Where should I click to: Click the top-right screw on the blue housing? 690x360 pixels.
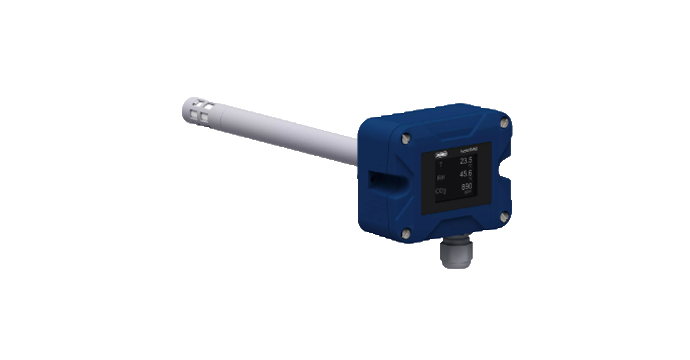coord(504,125)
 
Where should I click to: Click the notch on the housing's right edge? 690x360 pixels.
coord(509,180)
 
